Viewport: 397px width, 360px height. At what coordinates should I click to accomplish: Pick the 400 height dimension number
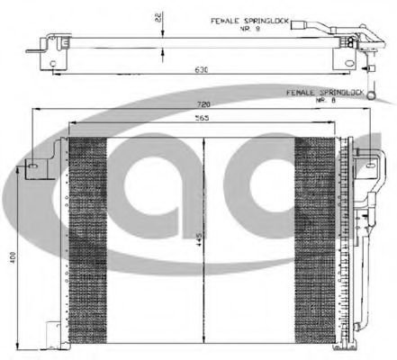click(x=11, y=256)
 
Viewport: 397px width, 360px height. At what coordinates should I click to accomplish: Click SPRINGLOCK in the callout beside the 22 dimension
click(x=266, y=19)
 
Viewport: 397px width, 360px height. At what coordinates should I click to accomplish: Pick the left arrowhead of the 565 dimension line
click(x=70, y=122)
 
